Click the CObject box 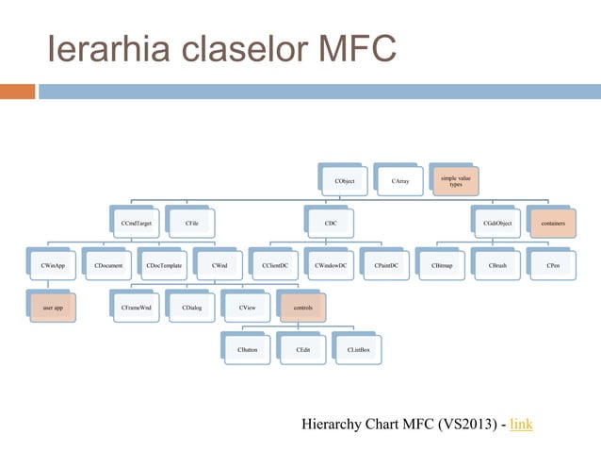[345, 179]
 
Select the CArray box [399, 179]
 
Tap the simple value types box [455, 179]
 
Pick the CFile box [190, 223]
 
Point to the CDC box [331, 223]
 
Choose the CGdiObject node [496, 223]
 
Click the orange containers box [552, 223]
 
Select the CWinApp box [53, 266]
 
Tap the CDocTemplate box [164, 266]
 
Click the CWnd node [219, 266]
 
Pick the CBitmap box [442, 266]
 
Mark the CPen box [552, 266]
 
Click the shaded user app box [53, 308]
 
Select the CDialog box [192, 308]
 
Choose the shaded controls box [302, 308]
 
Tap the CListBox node [358, 350]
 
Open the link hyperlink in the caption [521, 424]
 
